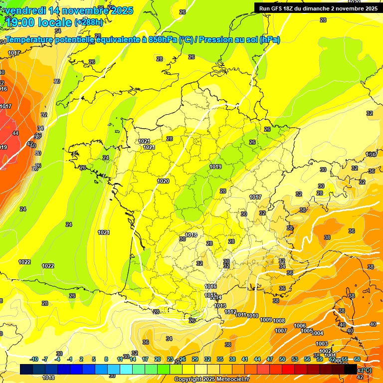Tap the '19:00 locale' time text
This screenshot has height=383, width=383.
(x=39, y=22)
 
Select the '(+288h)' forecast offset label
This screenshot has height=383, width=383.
(x=89, y=22)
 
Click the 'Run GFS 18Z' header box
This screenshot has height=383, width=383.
(x=318, y=8)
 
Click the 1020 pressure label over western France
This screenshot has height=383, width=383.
(x=163, y=182)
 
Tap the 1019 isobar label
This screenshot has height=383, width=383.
(x=216, y=167)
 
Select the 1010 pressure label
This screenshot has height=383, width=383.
(x=252, y=316)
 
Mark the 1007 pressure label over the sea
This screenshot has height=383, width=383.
(x=281, y=331)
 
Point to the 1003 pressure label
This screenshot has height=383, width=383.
(x=322, y=344)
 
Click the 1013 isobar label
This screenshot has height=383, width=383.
(x=220, y=306)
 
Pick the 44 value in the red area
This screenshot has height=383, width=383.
(x=15, y=134)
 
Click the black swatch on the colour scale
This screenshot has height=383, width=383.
(x=351, y=369)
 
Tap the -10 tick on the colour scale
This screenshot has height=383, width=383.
(x=34, y=360)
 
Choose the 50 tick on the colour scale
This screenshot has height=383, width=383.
(x=282, y=360)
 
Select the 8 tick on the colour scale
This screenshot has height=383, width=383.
(x=106, y=360)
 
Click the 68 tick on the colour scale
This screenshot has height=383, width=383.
(x=357, y=360)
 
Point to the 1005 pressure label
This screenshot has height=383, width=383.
(x=307, y=331)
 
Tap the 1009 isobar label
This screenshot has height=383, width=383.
(x=266, y=320)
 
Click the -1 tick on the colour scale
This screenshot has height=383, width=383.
(x=70, y=360)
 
